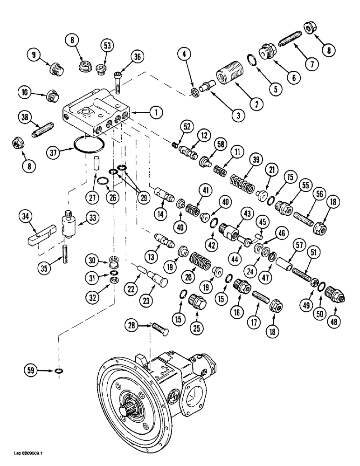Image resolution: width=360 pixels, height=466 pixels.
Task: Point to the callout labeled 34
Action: point(26,215)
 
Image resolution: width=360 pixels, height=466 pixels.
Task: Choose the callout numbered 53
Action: point(107,45)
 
